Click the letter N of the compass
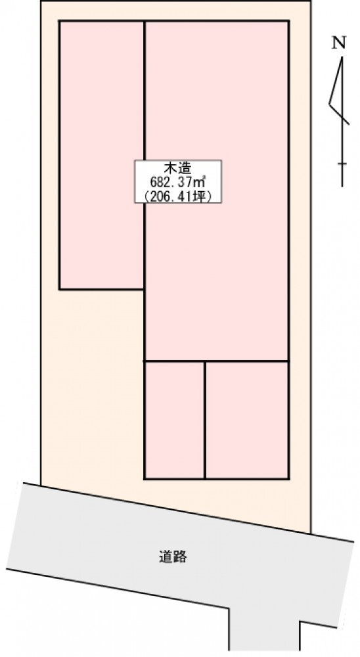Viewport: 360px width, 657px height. click(339, 43)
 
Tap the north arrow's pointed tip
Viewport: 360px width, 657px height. click(342, 57)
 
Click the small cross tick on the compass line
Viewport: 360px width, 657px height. click(342, 164)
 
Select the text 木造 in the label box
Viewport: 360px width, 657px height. click(178, 168)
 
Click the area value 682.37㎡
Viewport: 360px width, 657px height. click(177, 182)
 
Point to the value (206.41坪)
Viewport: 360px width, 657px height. click(177, 196)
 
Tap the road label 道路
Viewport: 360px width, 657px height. click(173, 557)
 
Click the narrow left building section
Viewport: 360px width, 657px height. click(102, 155)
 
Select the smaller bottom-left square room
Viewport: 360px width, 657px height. click(174, 420)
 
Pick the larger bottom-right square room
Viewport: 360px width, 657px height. click(247, 420)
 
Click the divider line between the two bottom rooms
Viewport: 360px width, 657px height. click(205, 420)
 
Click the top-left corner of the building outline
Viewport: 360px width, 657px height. click(60, 22)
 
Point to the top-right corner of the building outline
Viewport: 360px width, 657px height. click(289, 22)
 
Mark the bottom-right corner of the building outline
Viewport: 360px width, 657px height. click(289, 478)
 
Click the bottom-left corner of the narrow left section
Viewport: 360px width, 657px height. click(60, 289)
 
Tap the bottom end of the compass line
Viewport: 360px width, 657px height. click(342, 187)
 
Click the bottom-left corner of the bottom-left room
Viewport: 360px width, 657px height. click(145, 478)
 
